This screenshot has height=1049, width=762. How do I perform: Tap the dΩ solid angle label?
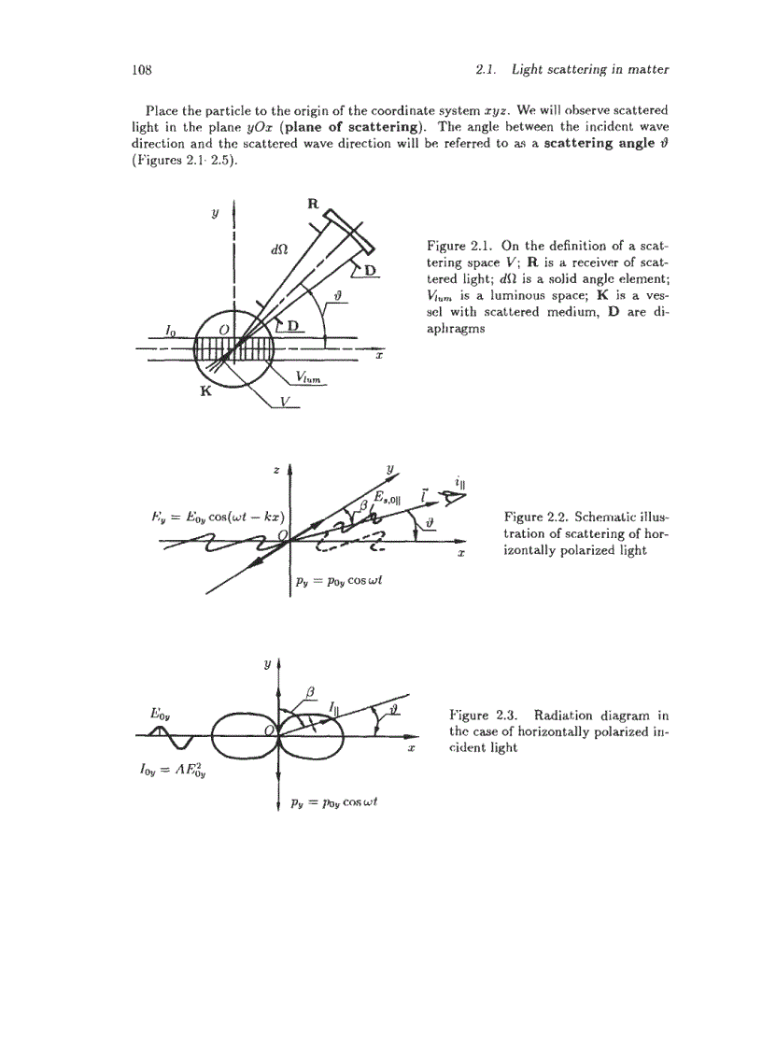[x=277, y=250]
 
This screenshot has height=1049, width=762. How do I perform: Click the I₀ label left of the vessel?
[x=170, y=330]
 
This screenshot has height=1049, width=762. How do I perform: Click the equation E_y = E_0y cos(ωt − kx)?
[x=210, y=517]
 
